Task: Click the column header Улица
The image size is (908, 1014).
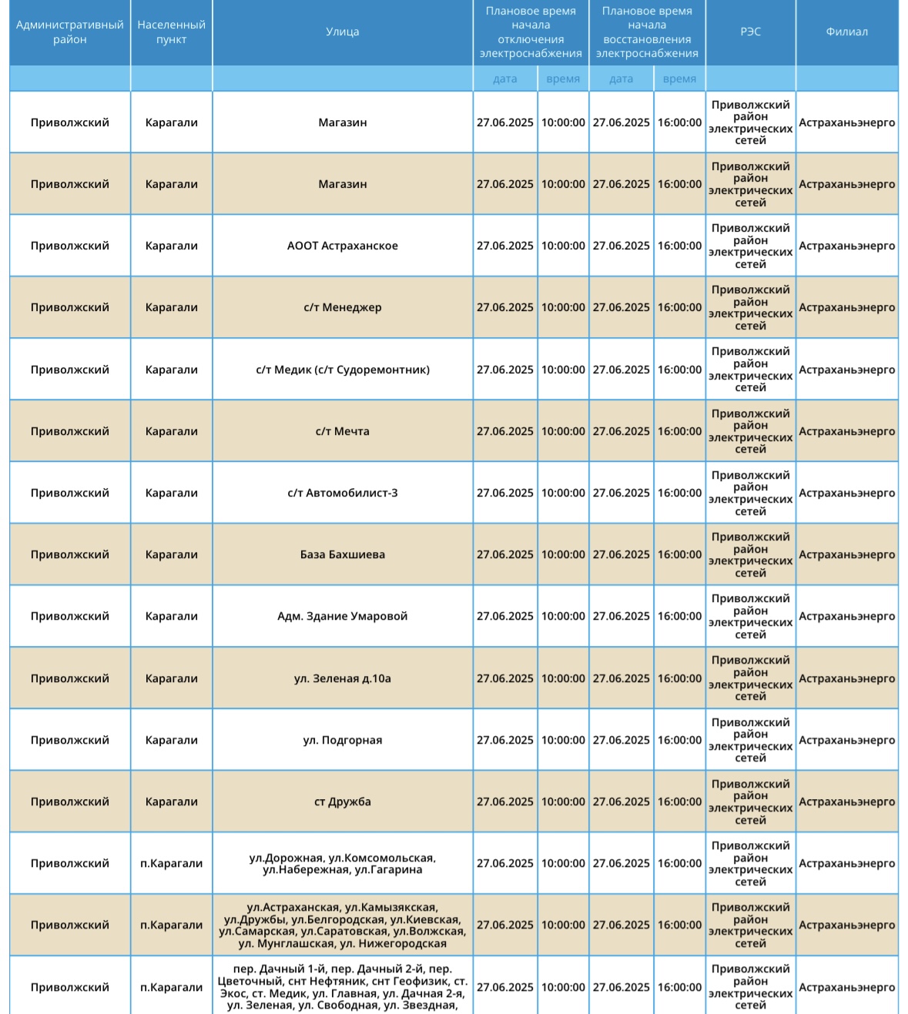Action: [342, 32]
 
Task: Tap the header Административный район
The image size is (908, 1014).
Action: [70, 32]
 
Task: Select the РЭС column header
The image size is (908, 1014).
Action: [750, 32]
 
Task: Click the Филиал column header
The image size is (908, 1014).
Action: [846, 32]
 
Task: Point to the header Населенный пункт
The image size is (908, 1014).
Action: [171, 32]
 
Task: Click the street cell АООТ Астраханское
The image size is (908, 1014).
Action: [342, 246]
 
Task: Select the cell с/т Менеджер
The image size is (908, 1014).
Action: [342, 307]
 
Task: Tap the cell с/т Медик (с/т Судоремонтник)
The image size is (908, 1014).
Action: [342, 370]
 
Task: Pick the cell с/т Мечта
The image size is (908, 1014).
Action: [342, 431]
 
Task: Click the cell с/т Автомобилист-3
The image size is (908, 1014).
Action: [342, 493]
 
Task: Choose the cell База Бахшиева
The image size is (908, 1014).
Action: [342, 554]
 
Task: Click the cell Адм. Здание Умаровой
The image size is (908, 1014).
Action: [342, 616]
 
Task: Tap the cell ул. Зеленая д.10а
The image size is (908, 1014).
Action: [342, 678]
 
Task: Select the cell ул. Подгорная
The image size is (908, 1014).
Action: [342, 740]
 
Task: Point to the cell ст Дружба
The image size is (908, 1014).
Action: [342, 801]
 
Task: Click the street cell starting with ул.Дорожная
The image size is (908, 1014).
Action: [342, 864]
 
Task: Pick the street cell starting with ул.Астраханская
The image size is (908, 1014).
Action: [342, 925]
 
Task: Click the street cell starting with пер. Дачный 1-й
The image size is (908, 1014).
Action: [342, 987]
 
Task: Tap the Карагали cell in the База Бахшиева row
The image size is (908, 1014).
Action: [171, 554]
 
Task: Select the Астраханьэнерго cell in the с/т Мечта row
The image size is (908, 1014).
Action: [846, 431]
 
